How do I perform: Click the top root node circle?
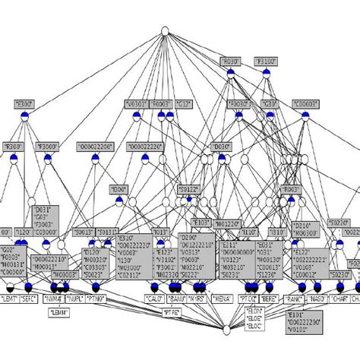pyautogui.click(x=164, y=31)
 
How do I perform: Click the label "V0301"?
pyautogui.click(x=136, y=103)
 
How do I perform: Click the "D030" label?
pyautogui.click(x=221, y=145)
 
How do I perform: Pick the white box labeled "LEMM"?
pyautogui.click(x=59, y=312)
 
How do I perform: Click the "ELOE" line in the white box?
pyautogui.click(x=253, y=320)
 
